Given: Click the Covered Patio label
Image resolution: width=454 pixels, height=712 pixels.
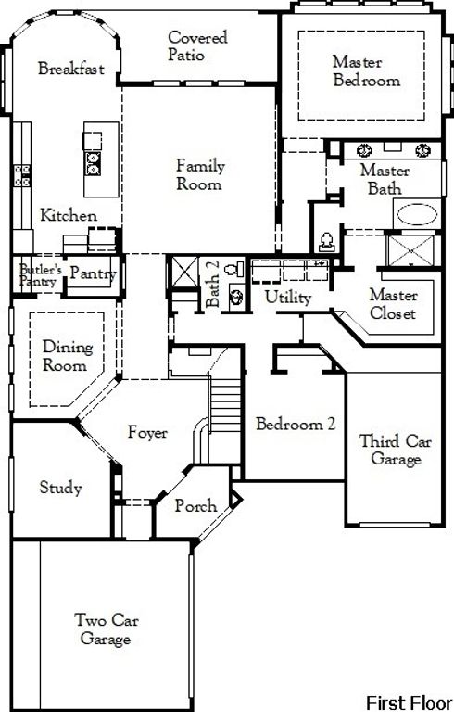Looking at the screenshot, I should [x=197, y=46].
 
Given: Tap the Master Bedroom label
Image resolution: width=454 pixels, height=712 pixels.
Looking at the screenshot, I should [x=366, y=70].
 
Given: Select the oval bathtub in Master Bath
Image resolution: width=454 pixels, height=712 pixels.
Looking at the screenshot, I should [x=421, y=215].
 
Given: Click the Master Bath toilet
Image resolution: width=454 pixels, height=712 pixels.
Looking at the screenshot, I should [x=325, y=241].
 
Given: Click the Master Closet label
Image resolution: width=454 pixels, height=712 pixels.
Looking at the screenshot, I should [x=393, y=304].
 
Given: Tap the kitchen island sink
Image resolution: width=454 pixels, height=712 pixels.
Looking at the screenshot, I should [x=94, y=163].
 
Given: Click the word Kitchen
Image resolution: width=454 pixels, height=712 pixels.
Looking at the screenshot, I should [x=69, y=216].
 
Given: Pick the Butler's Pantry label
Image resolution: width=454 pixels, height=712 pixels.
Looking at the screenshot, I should [x=40, y=275].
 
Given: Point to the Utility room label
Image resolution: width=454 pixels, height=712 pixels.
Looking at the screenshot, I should [x=288, y=298].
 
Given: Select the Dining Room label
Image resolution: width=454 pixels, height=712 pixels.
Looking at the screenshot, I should [x=68, y=356].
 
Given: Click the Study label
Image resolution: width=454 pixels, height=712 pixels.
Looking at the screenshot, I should [x=60, y=488].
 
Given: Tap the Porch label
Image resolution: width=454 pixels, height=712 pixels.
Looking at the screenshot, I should [x=195, y=506].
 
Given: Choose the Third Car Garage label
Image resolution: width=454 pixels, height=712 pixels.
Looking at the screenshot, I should [x=395, y=450].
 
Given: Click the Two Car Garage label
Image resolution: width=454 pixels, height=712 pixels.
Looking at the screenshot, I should [x=104, y=629].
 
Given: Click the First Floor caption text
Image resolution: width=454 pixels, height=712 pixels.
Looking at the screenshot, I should [x=409, y=701].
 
